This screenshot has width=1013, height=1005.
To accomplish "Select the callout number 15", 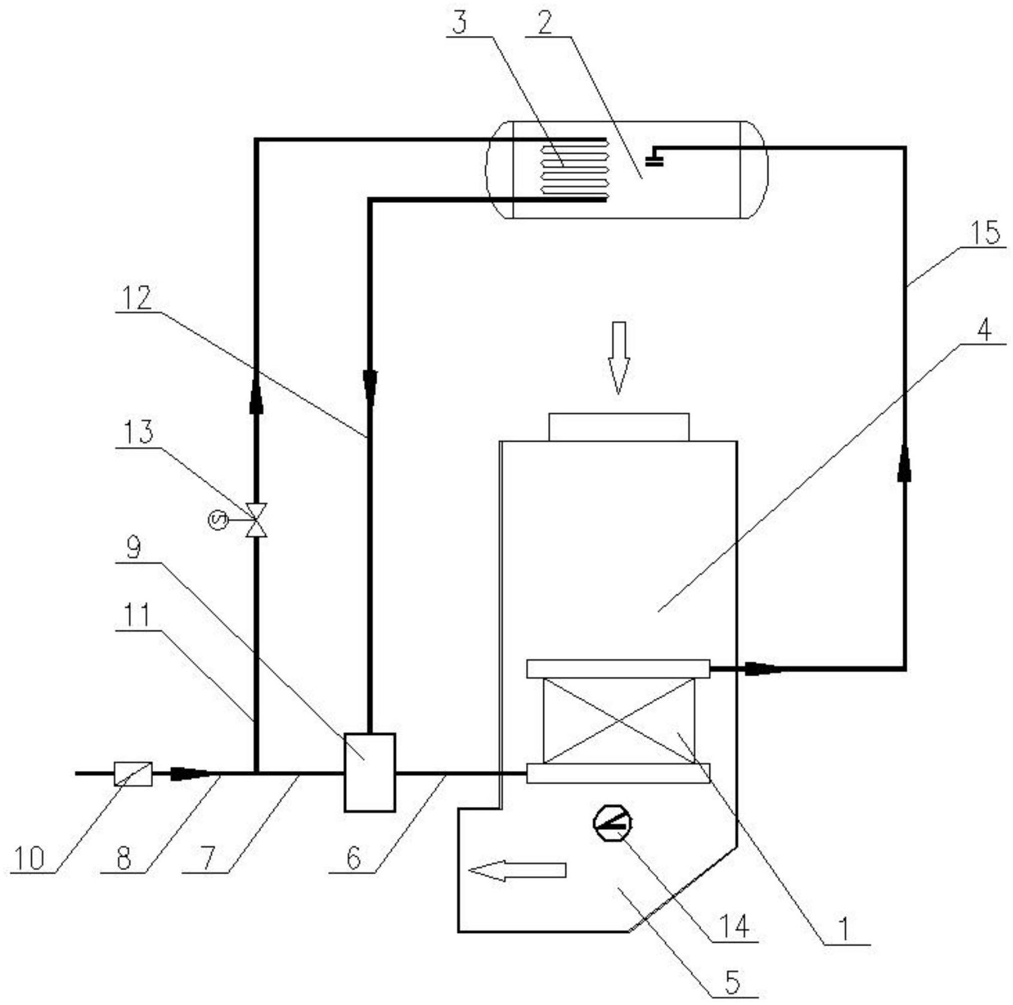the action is [x=985, y=233].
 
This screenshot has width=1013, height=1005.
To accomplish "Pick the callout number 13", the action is [x=138, y=432].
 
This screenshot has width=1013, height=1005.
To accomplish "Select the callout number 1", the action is [x=844, y=929].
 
